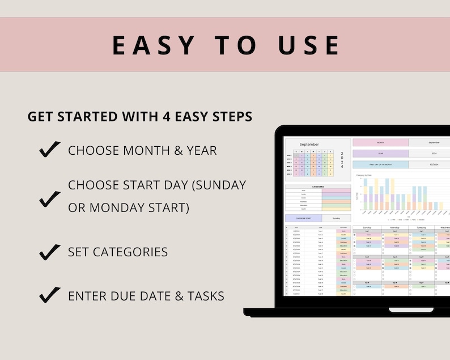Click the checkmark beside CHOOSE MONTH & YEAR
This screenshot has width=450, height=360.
[x=50, y=150]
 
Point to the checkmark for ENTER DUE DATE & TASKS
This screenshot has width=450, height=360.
[x=50, y=295]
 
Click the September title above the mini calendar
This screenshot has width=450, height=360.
[x=309, y=145]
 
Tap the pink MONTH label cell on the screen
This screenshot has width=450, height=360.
[x=380, y=143]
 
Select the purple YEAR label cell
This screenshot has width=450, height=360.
[x=380, y=153]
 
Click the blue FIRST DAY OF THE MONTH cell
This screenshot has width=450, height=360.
[x=380, y=164]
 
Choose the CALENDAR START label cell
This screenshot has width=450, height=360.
[x=303, y=218]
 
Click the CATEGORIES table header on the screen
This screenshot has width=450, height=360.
[x=317, y=186]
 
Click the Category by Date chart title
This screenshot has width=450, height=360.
[x=364, y=175]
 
